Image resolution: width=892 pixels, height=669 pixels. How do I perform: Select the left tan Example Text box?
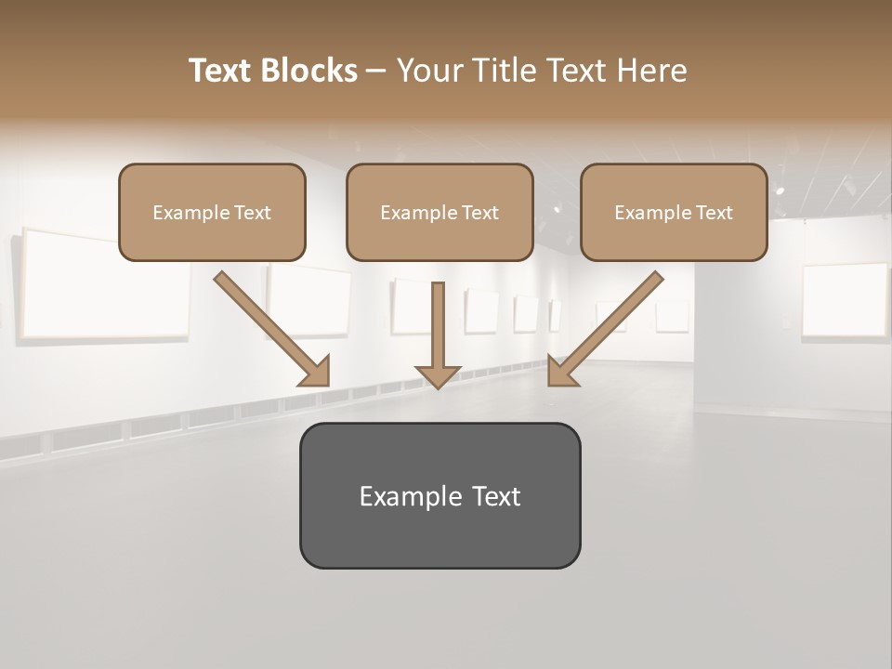[x=212, y=212]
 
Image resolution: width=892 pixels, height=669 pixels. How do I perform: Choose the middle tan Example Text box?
[x=439, y=212]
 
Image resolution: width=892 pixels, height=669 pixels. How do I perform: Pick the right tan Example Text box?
[x=674, y=212]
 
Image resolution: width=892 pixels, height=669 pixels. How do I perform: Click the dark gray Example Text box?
[x=439, y=495]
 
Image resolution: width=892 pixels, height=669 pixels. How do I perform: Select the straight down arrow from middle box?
[x=438, y=330]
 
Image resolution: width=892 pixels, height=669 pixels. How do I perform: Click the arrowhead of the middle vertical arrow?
[x=438, y=375]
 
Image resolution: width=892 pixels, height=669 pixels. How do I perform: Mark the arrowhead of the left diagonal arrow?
[x=315, y=371]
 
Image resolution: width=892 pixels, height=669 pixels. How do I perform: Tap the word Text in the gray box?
[x=495, y=496]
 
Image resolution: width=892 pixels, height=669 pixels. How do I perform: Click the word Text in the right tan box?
[x=715, y=213]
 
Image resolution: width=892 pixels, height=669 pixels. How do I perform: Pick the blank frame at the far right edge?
[x=845, y=299]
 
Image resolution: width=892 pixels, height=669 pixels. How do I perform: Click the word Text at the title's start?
[x=219, y=71]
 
